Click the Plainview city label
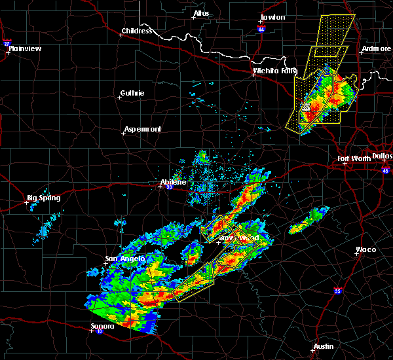24,48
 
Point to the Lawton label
272,17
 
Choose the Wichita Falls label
275,71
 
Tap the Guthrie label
132,93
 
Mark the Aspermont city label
142,129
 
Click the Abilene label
173,182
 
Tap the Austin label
323,346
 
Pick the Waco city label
365,249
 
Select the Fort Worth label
354,158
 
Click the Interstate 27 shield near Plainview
7,43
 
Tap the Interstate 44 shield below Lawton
261,30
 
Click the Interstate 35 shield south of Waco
337,290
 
